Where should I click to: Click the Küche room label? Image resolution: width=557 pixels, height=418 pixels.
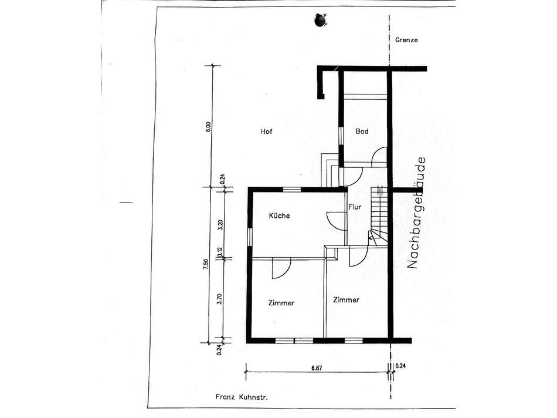coord(279,216)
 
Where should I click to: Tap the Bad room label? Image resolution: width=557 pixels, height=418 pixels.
coord(362,132)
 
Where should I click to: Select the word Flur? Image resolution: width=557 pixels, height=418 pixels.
coord(354,207)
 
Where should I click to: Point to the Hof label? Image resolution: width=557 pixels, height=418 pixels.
coord(267,132)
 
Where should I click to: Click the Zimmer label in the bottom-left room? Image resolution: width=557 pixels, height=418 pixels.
coord(281,304)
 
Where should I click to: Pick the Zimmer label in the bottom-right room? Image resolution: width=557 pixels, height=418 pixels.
coord(346,300)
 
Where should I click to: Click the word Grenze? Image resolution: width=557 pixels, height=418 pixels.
coord(406,40)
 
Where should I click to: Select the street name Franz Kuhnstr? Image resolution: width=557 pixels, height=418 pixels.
coord(242,397)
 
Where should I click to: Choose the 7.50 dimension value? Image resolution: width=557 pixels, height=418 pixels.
coord(205,265)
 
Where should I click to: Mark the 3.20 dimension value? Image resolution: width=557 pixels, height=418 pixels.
coord(219,225)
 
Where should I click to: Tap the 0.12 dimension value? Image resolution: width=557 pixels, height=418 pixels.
coord(220,252)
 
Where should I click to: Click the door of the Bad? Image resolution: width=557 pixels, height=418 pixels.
coord(378,157)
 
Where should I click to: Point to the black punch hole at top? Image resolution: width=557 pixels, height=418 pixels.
coord(320,21)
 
